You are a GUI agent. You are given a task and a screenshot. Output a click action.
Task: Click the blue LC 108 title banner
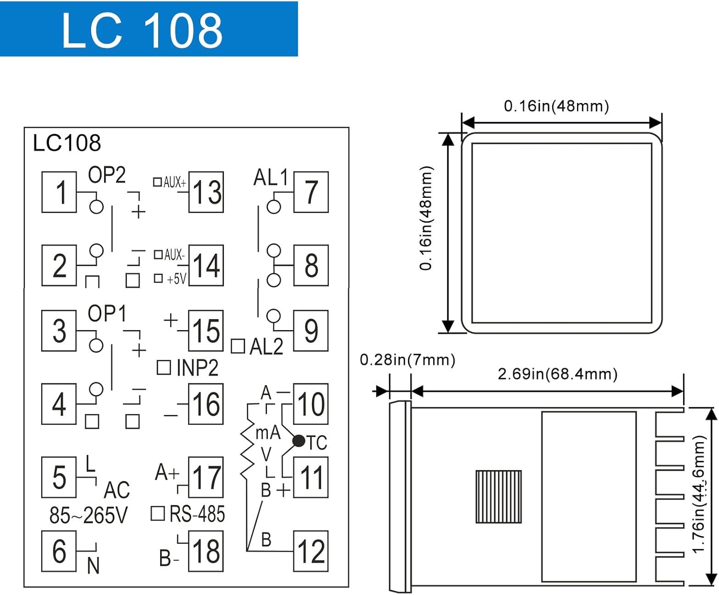pyautogui.click(x=149, y=29)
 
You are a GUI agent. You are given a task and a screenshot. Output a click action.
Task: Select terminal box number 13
pyautogui.click(x=206, y=192)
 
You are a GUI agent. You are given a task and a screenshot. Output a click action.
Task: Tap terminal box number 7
pyautogui.click(x=311, y=192)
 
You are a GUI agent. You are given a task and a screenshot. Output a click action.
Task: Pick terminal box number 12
pyautogui.click(x=311, y=551)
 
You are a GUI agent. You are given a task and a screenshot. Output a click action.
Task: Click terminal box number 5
pyautogui.click(x=59, y=477)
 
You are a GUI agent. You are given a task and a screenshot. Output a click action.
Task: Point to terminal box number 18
pyautogui.click(x=206, y=551)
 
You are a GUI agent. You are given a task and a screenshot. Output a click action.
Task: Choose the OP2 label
pyautogui.click(x=106, y=175)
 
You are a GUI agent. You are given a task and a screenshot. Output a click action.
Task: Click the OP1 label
pyautogui.click(x=107, y=314)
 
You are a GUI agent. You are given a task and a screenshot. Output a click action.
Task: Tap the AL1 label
pyautogui.click(x=270, y=178)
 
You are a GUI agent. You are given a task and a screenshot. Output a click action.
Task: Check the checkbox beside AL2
pyautogui.click(x=238, y=346)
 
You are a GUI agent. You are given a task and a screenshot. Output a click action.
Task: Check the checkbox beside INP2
pyautogui.click(x=164, y=367)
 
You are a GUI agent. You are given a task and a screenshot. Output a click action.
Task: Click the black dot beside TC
pyautogui.click(x=299, y=441)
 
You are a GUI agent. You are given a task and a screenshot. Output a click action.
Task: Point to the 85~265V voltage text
pyautogui.click(x=89, y=515)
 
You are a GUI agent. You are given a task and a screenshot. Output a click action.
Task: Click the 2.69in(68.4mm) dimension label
pyautogui.click(x=557, y=374)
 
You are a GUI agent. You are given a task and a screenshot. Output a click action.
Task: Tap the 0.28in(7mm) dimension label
pyautogui.click(x=407, y=360)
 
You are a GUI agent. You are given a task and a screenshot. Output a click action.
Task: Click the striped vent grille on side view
pyautogui.click(x=499, y=496)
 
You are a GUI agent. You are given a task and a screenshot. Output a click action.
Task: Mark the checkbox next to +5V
pyautogui.click(x=158, y=278)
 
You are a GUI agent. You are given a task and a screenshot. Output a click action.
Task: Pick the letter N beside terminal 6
pyautogui.click(x=93, y=566)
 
